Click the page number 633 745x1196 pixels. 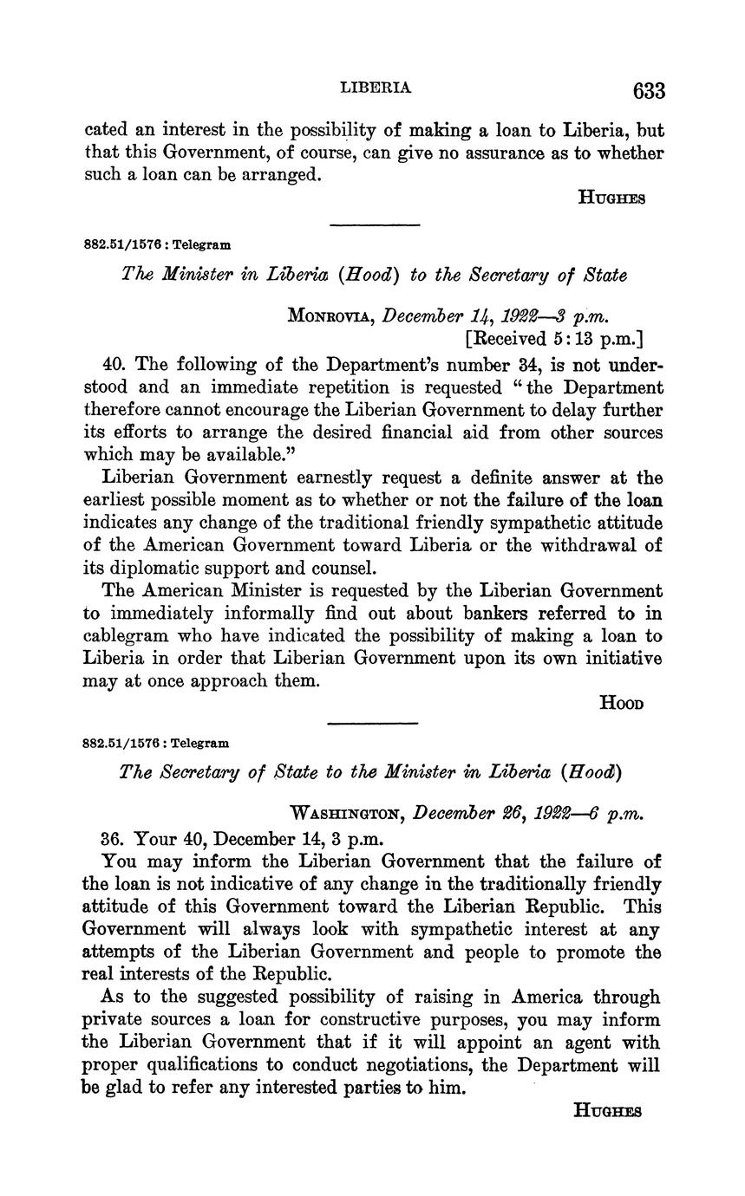click(649, 91)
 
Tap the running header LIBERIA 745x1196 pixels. click(376, 88)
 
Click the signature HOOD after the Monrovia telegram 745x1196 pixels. click(622, 704)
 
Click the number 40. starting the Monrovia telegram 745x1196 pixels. click(114, 364)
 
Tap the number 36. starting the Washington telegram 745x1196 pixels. click(114, 839)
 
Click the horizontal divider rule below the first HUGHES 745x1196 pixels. click(375, 225)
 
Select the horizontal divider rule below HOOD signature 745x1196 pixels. click(375, 723)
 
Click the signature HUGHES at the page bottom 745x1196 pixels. click(608, 1110)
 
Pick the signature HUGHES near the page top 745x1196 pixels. click(611, 198)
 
